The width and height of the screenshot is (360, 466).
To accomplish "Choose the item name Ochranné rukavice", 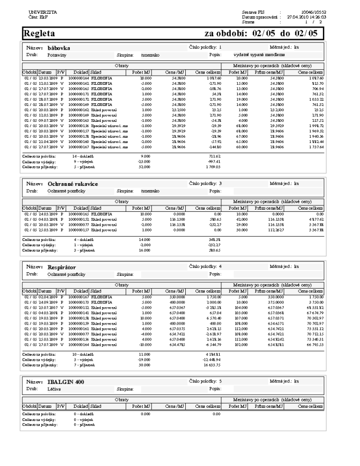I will pos(76,183).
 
